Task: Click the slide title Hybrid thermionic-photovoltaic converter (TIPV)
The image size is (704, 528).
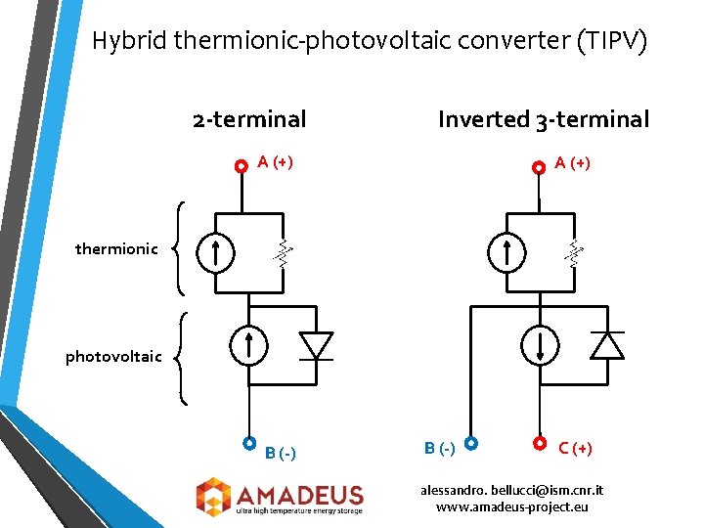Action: [369, 41]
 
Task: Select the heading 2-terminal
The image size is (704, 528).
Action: [249, 119]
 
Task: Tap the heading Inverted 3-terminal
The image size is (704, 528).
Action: [543, 119]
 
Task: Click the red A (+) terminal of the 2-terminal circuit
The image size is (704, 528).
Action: [242, 167]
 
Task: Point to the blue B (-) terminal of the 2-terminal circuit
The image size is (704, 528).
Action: [249, 443]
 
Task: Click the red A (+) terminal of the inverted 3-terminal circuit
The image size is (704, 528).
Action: [538, 167]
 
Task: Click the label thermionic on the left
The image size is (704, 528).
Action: [116, 249]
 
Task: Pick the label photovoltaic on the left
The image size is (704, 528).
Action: [113, 356]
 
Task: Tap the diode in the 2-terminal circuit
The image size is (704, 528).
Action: [316, 345]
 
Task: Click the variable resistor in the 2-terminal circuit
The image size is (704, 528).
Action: [283, 253]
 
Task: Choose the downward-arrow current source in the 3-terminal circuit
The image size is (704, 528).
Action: [539, 345]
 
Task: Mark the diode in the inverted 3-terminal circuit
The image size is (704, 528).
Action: [607, 345]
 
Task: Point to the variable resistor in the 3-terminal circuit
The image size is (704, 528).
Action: [574, 253]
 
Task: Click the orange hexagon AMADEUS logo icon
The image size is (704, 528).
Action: [212, 496]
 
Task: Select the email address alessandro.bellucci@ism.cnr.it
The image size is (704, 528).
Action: [511, 489]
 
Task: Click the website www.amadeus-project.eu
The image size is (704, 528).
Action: [511, 506]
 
